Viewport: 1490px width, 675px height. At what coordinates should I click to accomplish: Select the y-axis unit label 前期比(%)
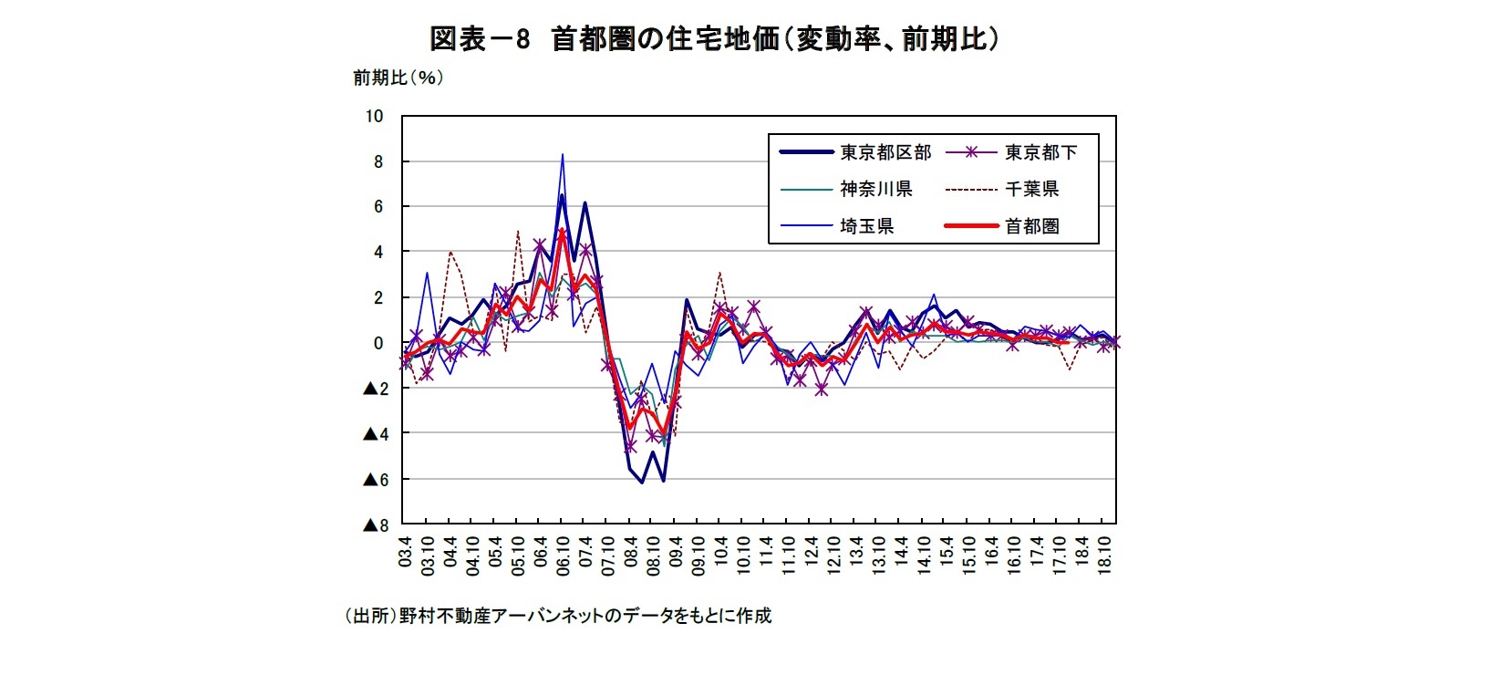click(398, 78)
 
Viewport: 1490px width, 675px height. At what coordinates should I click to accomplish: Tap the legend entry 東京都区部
click(885, 152)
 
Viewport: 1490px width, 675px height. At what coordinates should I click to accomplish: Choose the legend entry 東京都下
click(1040, 152)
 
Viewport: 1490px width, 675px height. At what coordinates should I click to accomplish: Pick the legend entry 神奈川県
click(875, 189)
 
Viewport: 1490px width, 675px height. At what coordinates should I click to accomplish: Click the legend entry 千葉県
click(1031, 189)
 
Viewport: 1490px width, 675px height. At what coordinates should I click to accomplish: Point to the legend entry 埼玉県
click(866, 226)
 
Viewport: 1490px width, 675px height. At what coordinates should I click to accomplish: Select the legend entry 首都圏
click(1031, 226)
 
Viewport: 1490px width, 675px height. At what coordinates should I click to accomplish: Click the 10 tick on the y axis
click(374, 116)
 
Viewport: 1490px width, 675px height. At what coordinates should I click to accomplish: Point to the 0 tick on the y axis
click(378, 343)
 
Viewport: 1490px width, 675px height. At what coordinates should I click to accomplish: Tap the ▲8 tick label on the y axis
click(375, 524)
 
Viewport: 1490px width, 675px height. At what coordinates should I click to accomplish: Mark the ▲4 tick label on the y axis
click(375, 433)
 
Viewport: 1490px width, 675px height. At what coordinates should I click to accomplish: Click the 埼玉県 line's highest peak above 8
click(562, 155)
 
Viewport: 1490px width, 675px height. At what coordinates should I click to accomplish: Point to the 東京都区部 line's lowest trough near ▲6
click(642, 483)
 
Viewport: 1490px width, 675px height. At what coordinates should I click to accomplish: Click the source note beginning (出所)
click(557, 616)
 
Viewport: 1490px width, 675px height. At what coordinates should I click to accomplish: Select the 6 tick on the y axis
click(378, 206)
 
